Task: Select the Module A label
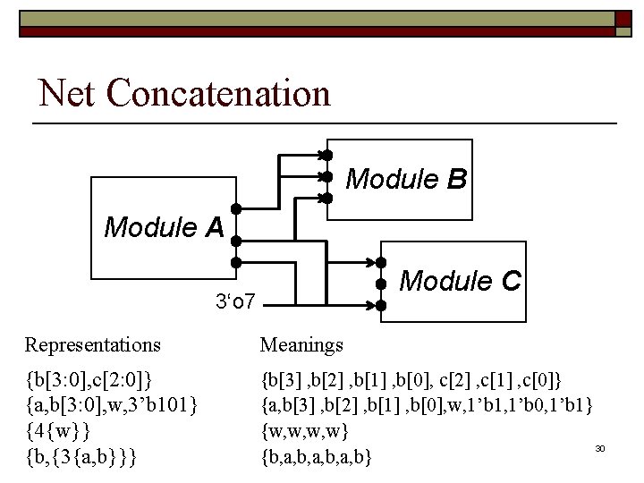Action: [164, 227]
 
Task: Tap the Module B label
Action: [405, 180]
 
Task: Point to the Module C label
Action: [460, 281]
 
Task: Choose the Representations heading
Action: [93, 344]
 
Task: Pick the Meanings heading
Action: [301, 344]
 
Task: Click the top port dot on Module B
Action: [327, 155]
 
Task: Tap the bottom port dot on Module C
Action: [380, 306]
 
